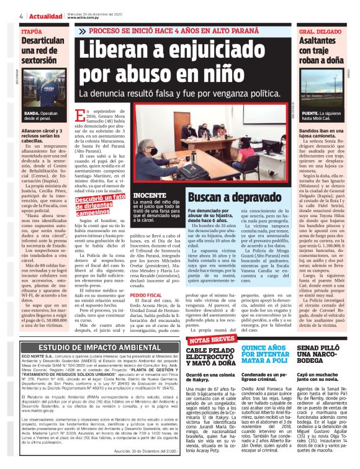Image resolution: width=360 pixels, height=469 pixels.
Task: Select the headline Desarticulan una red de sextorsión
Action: coord(43,50)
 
